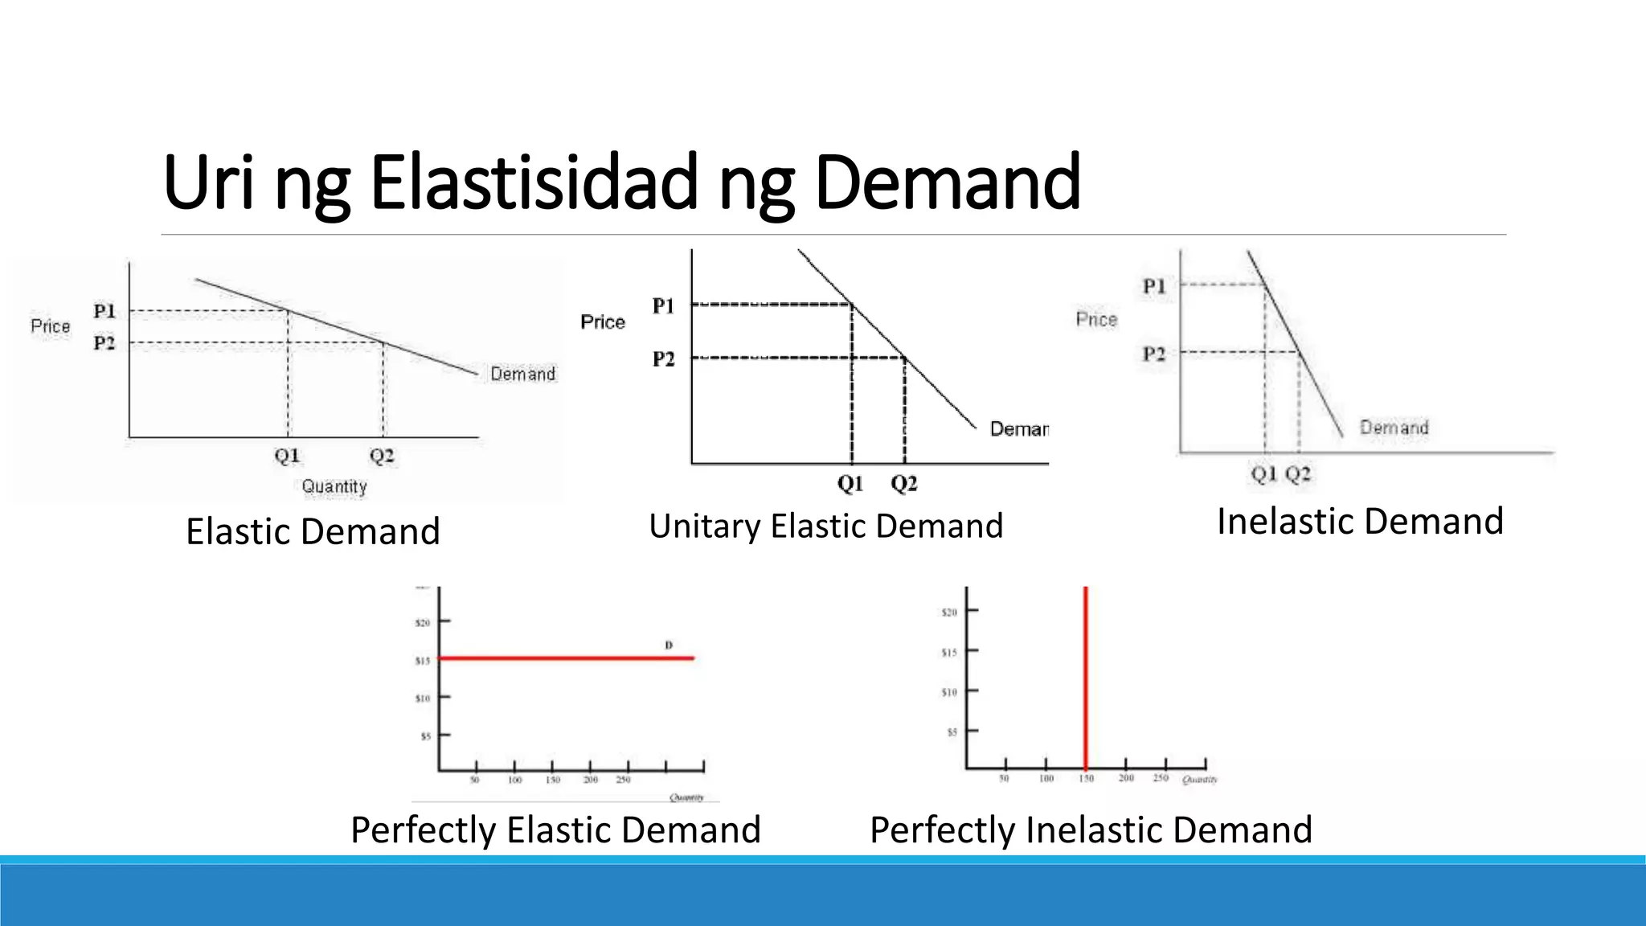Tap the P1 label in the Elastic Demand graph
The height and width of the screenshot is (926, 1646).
click(104, 311)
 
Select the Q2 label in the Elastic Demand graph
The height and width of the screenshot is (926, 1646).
click(382, 456)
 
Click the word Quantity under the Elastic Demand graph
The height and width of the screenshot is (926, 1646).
click(334, 486)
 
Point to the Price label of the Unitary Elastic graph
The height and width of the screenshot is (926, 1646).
click(603, 322)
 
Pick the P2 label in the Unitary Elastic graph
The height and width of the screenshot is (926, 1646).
click(664, 359)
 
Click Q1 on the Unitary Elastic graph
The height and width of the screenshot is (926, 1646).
click(850, 483)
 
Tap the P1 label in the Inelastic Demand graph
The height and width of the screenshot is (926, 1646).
click(1154, 286)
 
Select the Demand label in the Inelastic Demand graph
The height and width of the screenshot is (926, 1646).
click(1394, 428)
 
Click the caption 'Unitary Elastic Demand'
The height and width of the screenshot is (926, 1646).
click(826, 527)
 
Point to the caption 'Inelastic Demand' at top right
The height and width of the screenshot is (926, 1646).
click(1360, 522)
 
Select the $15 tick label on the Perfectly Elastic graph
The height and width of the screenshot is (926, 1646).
click(423, 661)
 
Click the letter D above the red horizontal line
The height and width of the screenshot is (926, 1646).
click(669, 645)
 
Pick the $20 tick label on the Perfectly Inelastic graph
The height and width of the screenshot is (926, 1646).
click(949, 613)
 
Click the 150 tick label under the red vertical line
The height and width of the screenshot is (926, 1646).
click(1086, 778)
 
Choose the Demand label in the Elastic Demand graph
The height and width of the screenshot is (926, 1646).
click(522, 374)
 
